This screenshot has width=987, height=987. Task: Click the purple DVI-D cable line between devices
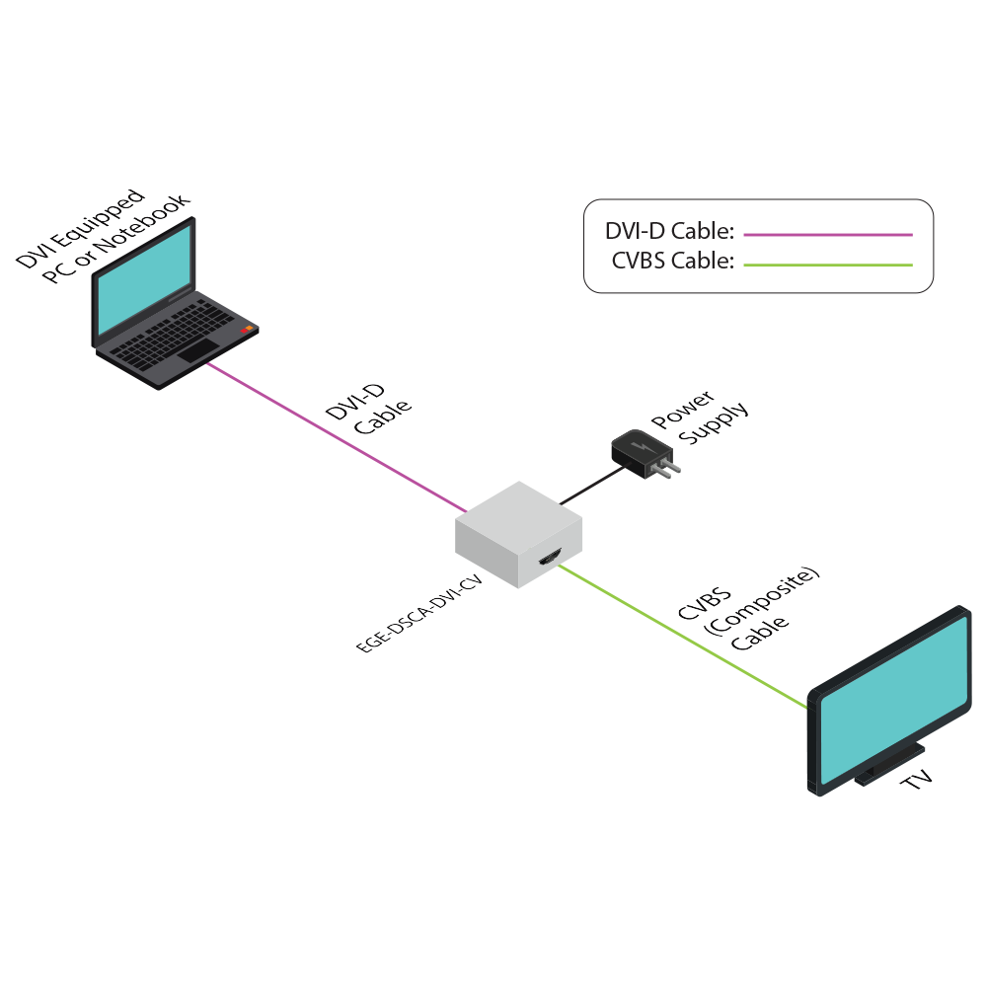[x=336, y=435]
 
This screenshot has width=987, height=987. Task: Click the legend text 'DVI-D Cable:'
[x=669, y=233]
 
